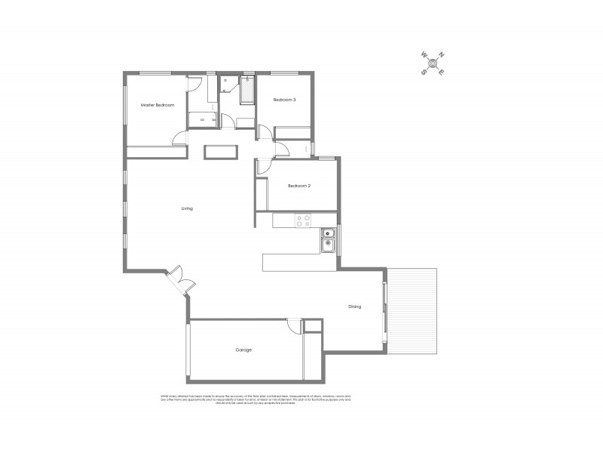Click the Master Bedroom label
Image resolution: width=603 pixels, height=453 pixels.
coord(158,105)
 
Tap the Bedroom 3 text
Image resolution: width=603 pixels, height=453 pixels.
coord(284,100)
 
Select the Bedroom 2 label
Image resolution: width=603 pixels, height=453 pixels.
coord(299,186)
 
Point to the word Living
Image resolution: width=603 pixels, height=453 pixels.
coord(187,208)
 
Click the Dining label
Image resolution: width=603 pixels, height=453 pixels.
coord(354,307)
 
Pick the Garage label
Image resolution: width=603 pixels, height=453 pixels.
coord(243,350)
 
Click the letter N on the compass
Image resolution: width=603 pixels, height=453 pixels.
coord(442,54)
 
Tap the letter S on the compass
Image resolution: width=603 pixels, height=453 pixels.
coord(424,72)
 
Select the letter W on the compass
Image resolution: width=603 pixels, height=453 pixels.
coord(424,54)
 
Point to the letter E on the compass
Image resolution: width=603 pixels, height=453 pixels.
coord(442,72)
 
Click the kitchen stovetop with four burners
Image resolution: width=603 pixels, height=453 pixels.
coord(304,220)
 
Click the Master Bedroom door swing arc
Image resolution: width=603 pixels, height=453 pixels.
coord(179,137)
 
